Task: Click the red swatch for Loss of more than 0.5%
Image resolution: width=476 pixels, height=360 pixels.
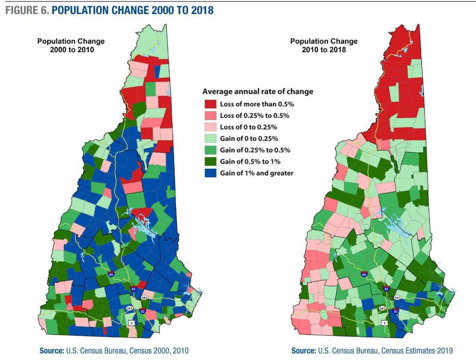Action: click(x=210, y=104)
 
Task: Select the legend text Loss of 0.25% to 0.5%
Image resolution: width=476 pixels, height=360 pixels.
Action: click(x=254, y=116)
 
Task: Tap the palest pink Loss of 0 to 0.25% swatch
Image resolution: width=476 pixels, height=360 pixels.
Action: click(x=210, y=128)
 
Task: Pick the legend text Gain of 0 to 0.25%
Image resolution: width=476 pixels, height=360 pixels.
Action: click(x=249, y=139)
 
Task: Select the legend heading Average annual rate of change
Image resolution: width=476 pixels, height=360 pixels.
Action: click(x=258, y=91)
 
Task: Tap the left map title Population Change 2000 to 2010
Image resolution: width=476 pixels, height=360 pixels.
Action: click(x=71, y=45)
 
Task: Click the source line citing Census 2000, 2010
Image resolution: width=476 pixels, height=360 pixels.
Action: click(x=114, y=350)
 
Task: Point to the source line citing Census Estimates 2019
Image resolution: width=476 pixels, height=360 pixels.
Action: click(x=372, y=350)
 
